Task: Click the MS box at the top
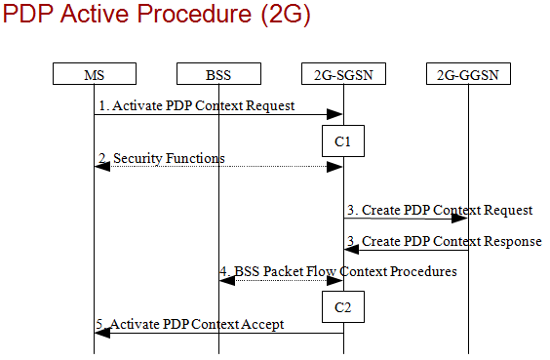(95, 74)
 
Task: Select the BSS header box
(218, 74)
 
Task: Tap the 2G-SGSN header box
(343, 74)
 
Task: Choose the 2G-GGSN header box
(468, 74)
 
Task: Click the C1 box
(343, 141)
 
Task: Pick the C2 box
(343, 306)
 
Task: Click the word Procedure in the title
(194, 14)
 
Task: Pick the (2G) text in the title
(286, 15)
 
